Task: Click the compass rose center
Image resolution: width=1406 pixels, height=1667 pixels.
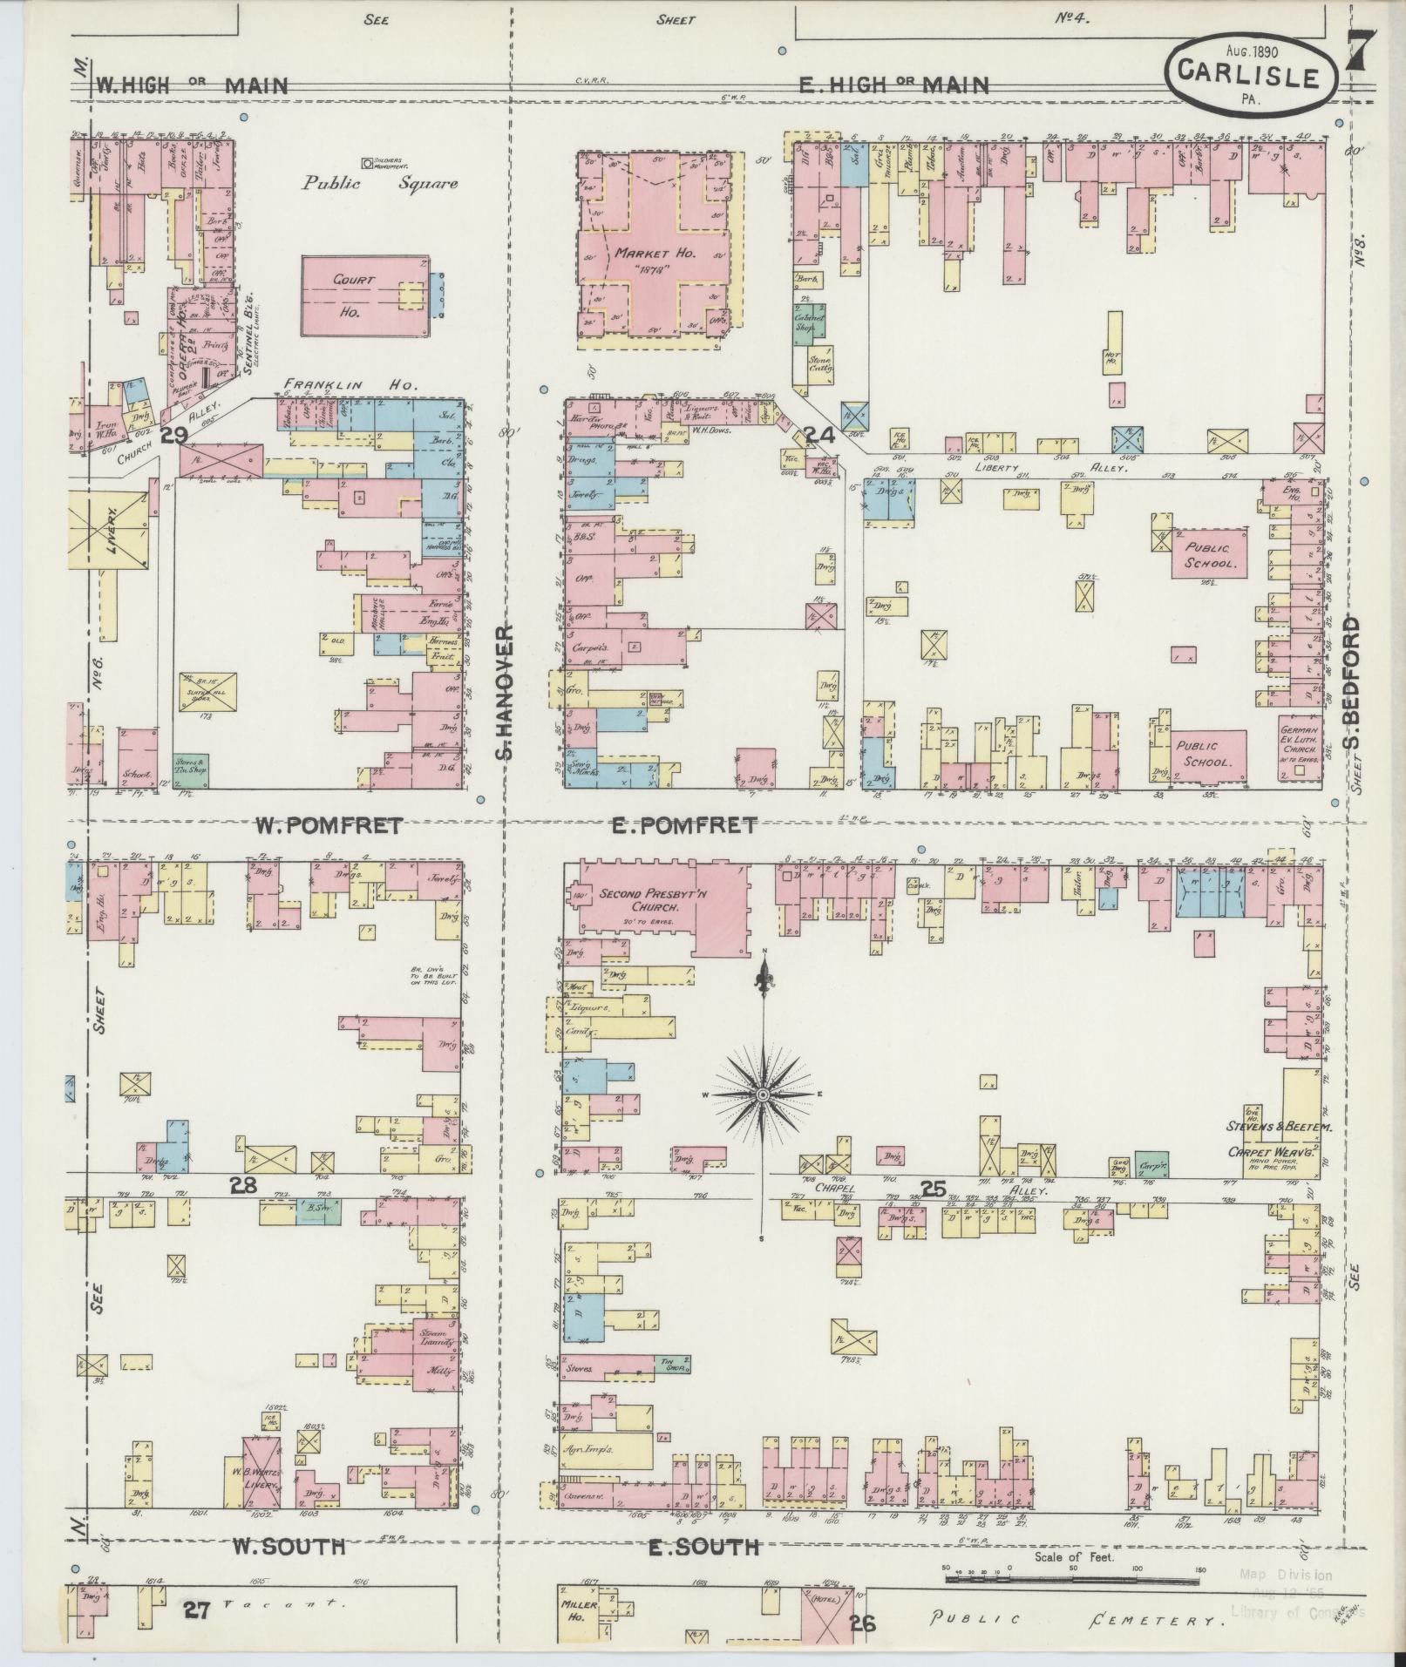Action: (763, 1094)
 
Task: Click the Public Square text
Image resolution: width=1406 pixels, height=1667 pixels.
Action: (380, 184)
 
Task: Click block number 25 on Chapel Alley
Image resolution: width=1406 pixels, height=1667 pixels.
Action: (934, 1188)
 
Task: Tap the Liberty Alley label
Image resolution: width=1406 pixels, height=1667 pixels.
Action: (1033, 467)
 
